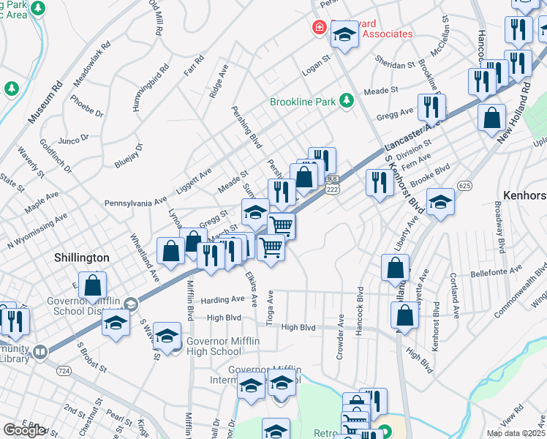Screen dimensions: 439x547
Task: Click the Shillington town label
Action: coord(82,258)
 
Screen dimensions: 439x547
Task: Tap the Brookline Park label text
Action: coord(303,102)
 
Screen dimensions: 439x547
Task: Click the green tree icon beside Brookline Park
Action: coord(347,101)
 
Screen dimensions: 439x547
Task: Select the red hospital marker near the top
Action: coord(319,28)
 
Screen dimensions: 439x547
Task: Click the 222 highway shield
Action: coord(332,189)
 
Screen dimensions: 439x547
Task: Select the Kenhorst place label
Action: coord(524,195)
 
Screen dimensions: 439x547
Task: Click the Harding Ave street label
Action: coord(222,299)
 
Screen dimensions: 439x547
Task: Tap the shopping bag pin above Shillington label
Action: coord(170,251)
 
